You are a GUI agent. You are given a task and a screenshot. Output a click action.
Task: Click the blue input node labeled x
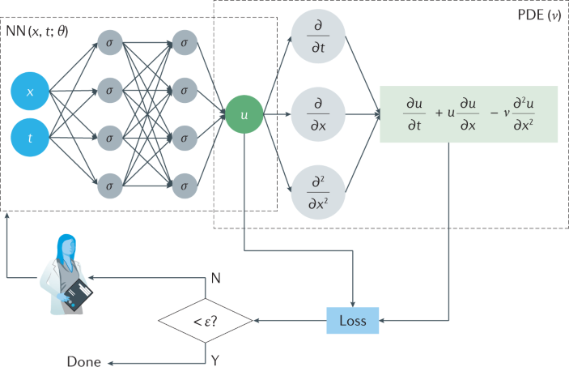(x=30, y=92)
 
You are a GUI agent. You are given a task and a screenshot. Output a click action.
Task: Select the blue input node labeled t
(x=30, y=138)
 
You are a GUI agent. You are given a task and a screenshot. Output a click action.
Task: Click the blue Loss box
(x=352, y=321)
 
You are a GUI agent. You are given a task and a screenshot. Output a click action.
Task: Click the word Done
(x=83, y=362)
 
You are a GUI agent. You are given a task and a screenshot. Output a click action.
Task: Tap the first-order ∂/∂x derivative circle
(x=318, y=115)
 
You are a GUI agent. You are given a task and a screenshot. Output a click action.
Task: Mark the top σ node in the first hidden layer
(x=108, y=41)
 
